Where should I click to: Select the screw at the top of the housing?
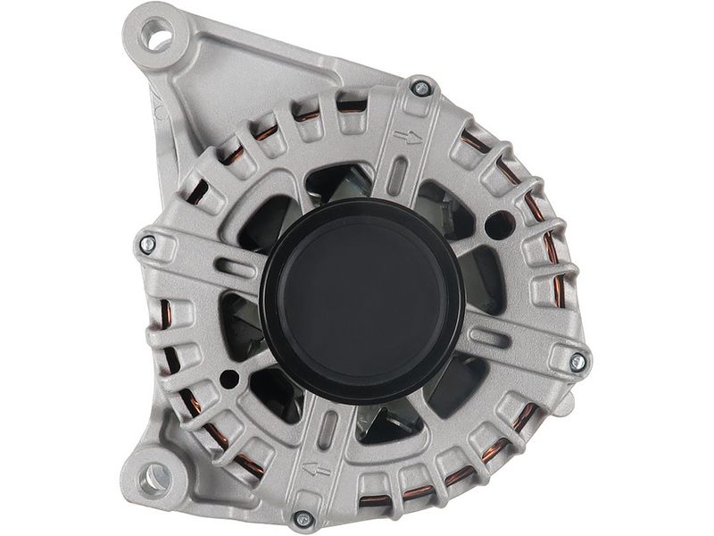pyautogui.click(x=419, y=87)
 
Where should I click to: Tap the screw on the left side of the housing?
pyautogui.click(x=148, y=242)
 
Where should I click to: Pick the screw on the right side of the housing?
pyautogui.click(x=577, y=361)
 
